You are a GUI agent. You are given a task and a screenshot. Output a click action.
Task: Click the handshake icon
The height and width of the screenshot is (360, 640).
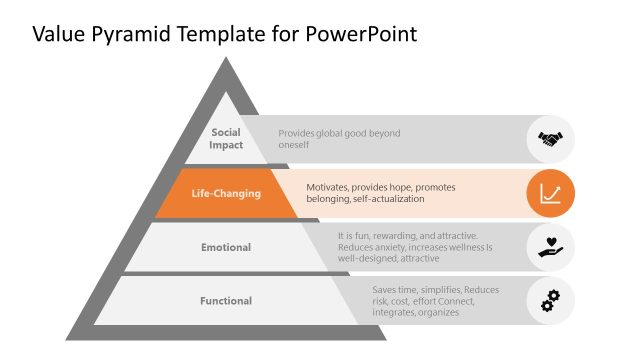click(x=551, y=139)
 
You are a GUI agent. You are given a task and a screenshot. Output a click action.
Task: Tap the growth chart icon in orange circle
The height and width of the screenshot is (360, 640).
click(x=551, y=193)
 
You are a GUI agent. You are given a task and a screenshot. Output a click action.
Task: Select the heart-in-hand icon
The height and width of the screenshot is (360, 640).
click(x=551, y=246)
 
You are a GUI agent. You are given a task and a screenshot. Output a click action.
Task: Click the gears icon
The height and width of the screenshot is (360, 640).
click(x=551, y=300)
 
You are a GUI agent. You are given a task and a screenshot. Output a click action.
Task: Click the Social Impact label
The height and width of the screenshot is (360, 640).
click(x=226, y=139)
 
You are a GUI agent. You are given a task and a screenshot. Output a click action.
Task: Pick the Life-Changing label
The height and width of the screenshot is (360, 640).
click(x=226, y=193)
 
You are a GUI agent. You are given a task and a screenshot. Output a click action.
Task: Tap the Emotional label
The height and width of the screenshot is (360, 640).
click(x=226, y=247)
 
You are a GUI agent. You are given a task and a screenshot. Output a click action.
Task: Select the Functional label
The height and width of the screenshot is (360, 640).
click(x=226, y=301)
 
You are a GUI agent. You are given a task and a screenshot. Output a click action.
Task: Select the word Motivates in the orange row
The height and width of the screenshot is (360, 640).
click(x=330, y=187)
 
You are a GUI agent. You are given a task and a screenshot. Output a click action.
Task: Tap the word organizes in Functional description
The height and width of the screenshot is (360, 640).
click(x=437, y=312)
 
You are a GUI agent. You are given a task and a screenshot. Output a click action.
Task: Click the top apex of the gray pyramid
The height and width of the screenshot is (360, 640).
click(x=226, y=62)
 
